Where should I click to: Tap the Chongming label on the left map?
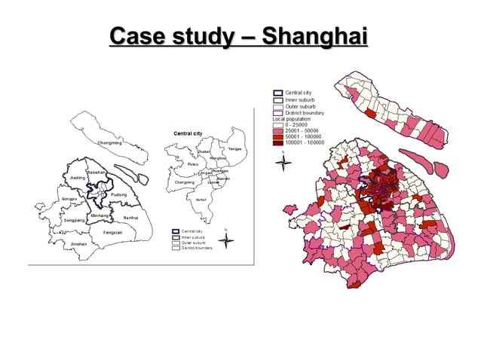point(109,142)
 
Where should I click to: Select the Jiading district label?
point(78,178)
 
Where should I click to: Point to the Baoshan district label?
point(96,172)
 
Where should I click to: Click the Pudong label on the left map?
point(118,195)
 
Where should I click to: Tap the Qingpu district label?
point(72,199)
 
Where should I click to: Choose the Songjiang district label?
point(75,220)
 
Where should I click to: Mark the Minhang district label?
point(99,216)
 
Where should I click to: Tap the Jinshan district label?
point(78,245)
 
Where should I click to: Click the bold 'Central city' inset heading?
point(188,133)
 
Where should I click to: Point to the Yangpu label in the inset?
point(234,148)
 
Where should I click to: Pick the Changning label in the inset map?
point(185,182)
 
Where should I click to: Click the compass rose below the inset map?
point(231,241)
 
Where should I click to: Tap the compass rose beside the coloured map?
point(283,163)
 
